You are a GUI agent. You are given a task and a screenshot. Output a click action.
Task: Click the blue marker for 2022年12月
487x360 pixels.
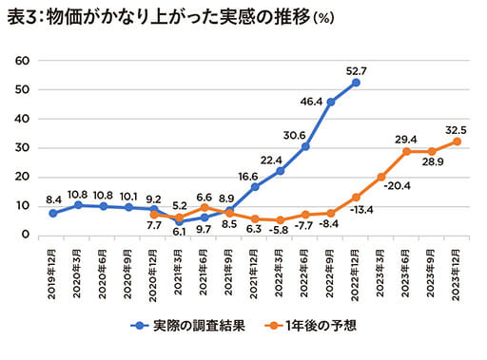356,83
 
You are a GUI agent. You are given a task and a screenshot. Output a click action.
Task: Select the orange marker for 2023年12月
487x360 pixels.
457,142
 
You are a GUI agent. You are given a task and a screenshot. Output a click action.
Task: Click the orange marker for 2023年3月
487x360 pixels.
381,177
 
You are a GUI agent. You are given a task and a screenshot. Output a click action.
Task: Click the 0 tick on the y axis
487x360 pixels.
29,235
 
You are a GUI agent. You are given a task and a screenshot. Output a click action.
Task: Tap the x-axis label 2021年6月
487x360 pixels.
205,267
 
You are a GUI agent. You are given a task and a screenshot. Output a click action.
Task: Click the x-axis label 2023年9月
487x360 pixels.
432,267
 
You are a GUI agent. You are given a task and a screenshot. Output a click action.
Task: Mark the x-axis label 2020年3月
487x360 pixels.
79,267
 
